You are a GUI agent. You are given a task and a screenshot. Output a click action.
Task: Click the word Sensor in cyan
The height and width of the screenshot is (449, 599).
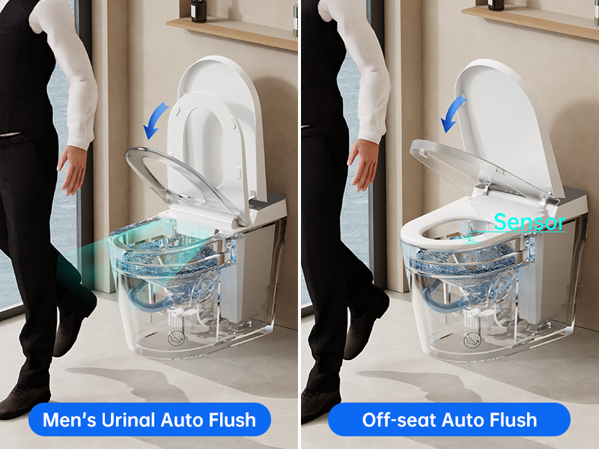click(529, 222)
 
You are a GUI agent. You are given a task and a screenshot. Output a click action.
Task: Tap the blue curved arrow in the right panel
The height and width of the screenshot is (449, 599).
click(453, 113)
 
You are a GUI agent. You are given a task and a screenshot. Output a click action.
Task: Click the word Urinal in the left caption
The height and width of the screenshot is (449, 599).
click(129, 420)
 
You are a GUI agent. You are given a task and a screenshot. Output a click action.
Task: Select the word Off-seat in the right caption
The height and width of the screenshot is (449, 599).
click(398, 420)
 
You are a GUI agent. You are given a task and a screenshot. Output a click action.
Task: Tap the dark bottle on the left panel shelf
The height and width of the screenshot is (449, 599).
click(198, 10)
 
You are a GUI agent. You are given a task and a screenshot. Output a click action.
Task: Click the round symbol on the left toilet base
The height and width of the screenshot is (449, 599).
click(176, 338)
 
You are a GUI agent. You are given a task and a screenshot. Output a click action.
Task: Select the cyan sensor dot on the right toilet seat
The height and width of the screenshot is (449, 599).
click(470, 239)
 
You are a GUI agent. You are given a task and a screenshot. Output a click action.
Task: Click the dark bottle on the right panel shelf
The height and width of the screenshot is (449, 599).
click(496, 5)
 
